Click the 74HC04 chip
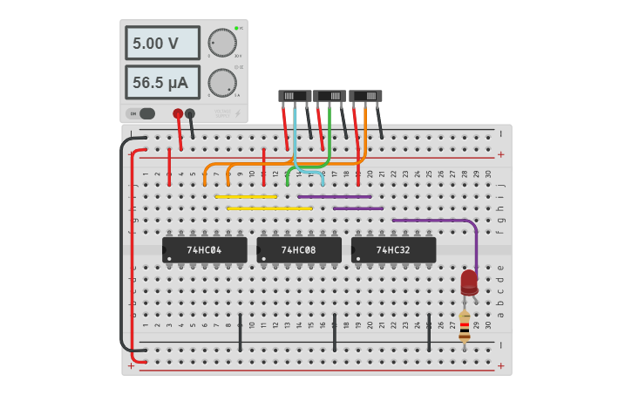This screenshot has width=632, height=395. [x=204, y=250]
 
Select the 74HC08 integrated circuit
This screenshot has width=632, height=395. [x=299, y=250]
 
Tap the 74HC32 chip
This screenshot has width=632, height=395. [x=393, y=250]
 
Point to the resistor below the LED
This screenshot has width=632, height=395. [x=465, y=326]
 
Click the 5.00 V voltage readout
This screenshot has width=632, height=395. [x=162, y=43]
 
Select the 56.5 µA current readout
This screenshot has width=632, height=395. [x=162, y=83]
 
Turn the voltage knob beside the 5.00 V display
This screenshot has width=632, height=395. [x=222, y=43]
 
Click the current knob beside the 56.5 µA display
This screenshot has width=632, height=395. [x=222, y=83]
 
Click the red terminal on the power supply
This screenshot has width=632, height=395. [x=178, y=113]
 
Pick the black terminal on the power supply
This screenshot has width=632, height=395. [x=190, y=113]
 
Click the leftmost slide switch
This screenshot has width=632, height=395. [x=295, y=96]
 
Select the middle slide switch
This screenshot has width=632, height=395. [x=330, y=96]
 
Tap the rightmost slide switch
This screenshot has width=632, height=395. [x=365, y=96]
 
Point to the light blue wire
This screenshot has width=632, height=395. [x=296, y=140]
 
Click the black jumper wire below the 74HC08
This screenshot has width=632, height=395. [x=335, y=331]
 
